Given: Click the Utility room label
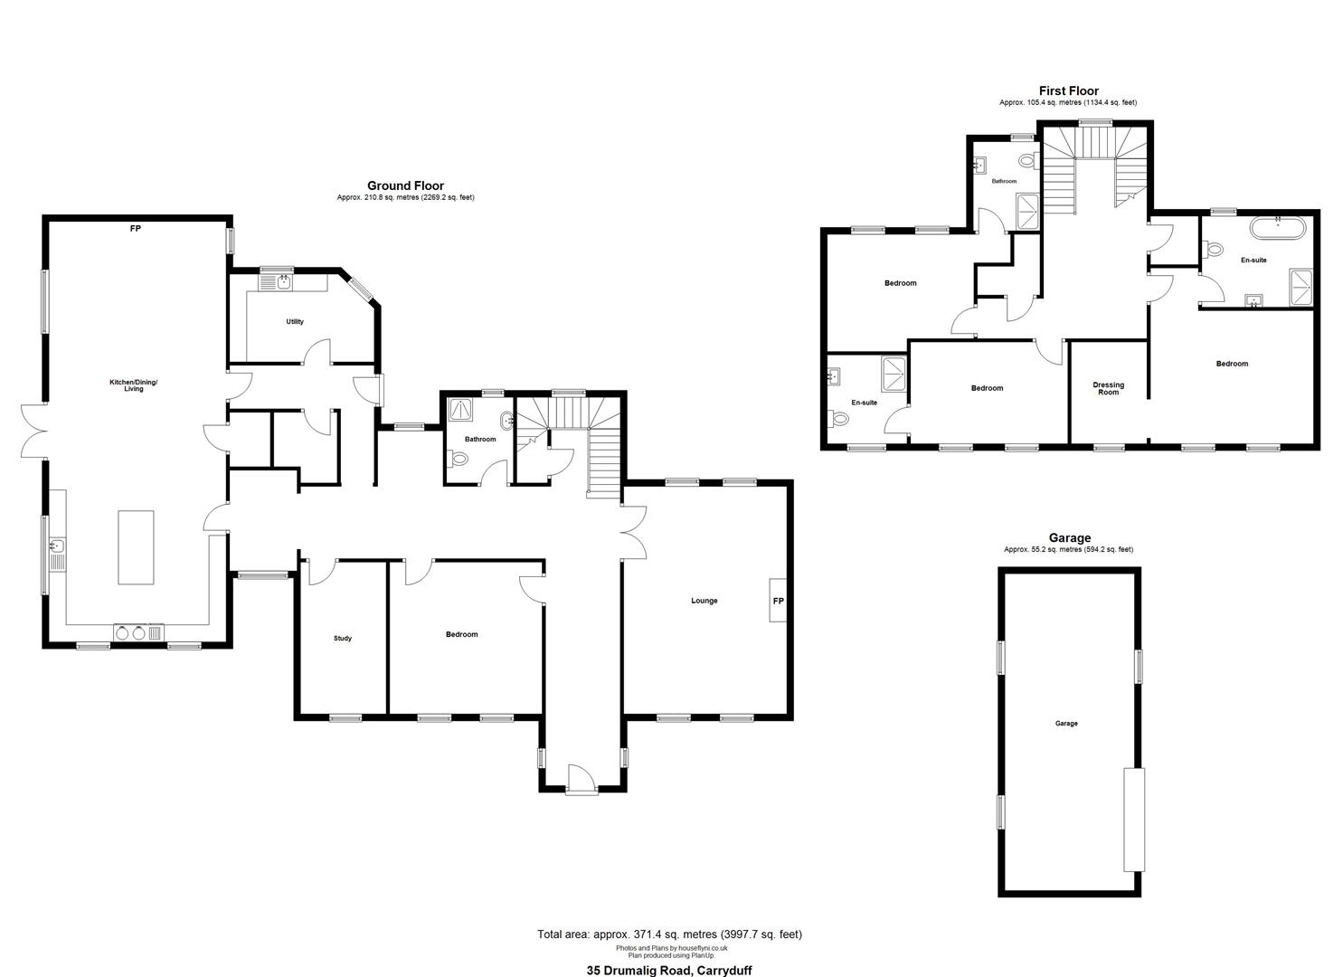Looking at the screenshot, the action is [x=295, y=322].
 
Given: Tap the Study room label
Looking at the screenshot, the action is [x=343, y=638].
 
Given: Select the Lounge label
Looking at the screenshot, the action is [x=704, y=601].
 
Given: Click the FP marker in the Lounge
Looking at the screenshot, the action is [x=779, y=601].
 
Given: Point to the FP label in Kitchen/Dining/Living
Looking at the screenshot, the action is [x=136, y=229].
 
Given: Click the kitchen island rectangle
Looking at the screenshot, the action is [x=136, y=547].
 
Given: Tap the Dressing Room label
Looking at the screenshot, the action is [x=1109, y=389].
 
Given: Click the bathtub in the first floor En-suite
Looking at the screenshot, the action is [x=1278, y=229].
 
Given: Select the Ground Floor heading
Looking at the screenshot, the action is [x=405, y=186].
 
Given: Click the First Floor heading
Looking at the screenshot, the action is [x=1068, y=91].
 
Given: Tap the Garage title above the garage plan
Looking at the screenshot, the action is [x=1070, y=538].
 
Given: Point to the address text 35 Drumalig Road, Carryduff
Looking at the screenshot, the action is [x=669, y=970].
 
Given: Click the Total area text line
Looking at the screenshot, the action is [x=669, y=934].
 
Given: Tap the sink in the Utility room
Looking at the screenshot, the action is [x=283, y=281].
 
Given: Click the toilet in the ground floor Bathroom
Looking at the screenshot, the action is [x=458, y=460].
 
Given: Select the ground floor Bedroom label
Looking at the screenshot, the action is [x=461, y=634].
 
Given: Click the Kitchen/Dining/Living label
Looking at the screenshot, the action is [x=134, y=385].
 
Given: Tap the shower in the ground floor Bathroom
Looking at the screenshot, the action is [x=460, y=409].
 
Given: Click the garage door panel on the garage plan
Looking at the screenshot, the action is [x=1134, y=820].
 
